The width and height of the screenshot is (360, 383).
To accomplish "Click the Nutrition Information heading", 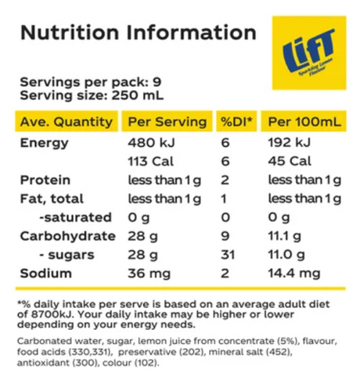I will [138, 33].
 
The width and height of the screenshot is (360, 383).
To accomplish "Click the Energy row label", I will [44, 143].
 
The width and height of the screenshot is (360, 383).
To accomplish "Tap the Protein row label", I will [46, 181].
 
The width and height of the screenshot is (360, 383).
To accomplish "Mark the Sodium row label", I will [46, 274].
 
